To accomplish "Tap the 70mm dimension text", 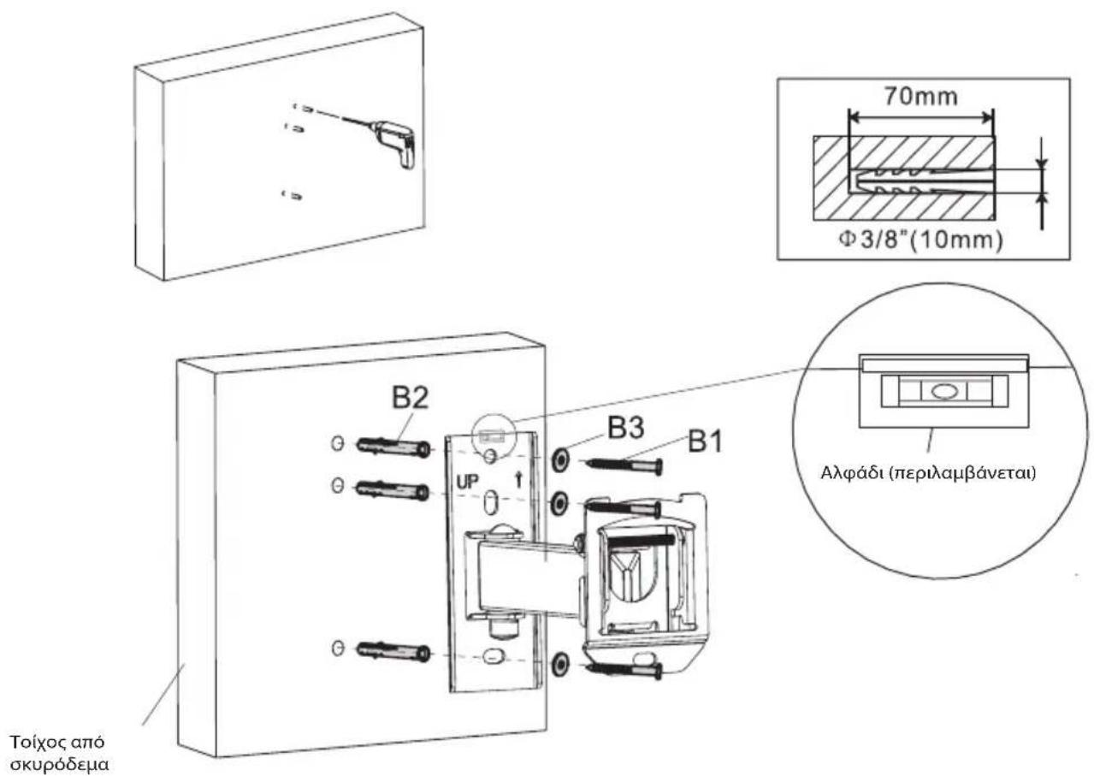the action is [920, 97].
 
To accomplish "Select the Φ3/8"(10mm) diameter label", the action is [920, 240].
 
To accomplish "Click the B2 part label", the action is [411, 398].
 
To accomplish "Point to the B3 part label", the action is [625, 428].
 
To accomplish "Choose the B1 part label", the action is [705, 441].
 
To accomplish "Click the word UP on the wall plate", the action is [467, 483].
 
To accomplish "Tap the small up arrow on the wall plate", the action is [518, 481].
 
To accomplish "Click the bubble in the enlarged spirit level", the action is [943, 391].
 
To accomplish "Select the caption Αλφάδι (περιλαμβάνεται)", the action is [928, 473].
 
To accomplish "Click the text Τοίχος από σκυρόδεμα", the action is [59, 752].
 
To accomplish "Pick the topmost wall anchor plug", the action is [393, 447].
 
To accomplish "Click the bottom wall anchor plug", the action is [393, 652].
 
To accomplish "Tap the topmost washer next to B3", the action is [559, 459].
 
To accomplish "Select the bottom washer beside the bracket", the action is [560, 665].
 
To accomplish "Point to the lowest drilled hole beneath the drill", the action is [292, 195].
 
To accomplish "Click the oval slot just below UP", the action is [490, 503].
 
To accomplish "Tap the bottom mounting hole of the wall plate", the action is [491, 656].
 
